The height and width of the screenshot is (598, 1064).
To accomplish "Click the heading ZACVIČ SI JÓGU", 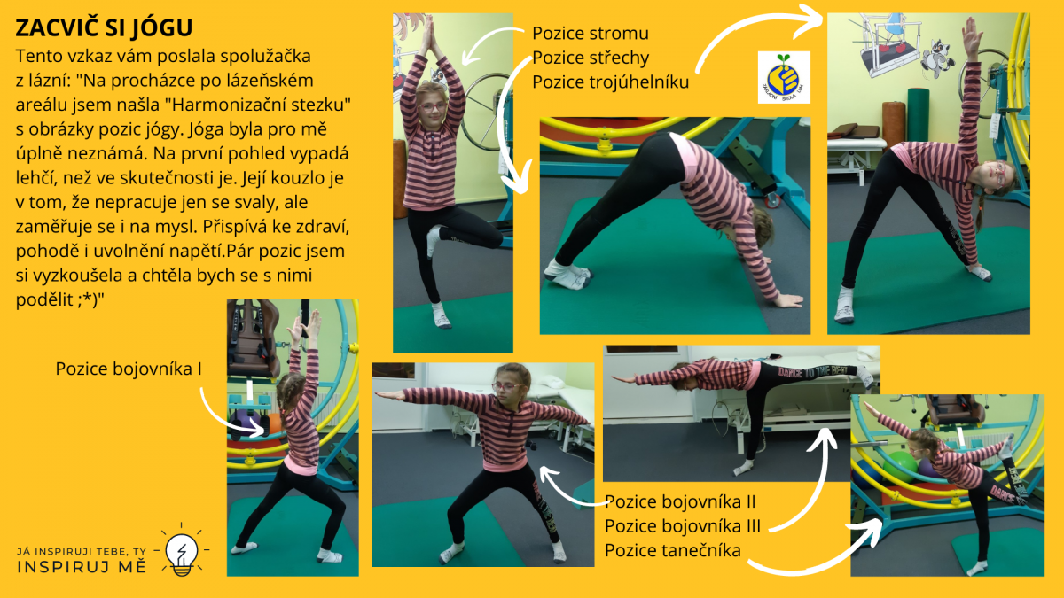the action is pos(104,27).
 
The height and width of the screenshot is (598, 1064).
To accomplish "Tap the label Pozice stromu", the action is pos(590,34).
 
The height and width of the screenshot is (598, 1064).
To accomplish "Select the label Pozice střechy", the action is pos(591,58).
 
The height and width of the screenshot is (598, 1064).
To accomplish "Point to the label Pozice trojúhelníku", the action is pos(610,82).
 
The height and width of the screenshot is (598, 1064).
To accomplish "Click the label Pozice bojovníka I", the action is pos(129,369).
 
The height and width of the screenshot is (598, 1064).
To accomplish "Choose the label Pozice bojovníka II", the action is pos(680,501).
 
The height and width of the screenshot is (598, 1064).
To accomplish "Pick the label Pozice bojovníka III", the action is pos(683,526).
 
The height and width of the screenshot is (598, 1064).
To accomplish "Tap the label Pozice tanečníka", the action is pos(673,550).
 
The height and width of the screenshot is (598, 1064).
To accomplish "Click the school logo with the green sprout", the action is pos(784,77).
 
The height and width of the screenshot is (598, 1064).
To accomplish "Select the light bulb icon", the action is pos(182,550).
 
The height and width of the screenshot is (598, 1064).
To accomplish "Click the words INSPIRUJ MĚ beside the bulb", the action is pos(82,566).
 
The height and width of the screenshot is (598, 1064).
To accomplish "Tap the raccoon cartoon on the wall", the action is pos(936,58).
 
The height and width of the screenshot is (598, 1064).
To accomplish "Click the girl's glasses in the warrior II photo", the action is pos(507,387).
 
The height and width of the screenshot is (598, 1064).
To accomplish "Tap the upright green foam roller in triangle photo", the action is pos(918,115).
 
